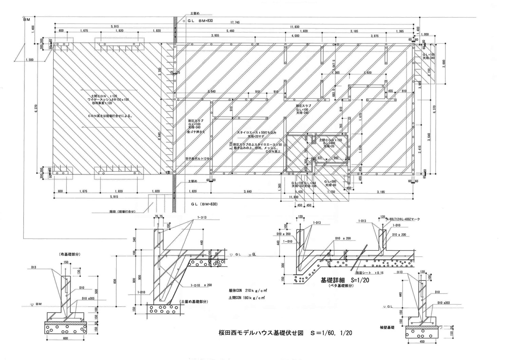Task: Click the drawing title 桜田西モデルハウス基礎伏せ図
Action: (x=261, y=333)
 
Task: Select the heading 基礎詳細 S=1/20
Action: (x=345, y=281)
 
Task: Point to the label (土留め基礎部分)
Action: (x=194, y=301)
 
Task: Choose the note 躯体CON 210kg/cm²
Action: (x=247, y=291)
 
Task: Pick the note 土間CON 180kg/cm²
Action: (x=247, y=298)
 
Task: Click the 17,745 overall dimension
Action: (x=235, y=22)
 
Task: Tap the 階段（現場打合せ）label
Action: (x=122, y=212)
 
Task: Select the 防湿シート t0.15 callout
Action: (x=369, y=273)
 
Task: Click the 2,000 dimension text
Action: (x=444, y=64)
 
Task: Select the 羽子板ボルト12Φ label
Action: (x=196, y=159)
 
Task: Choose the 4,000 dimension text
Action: (x=295, y=36)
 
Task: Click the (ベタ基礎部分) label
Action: (x=341, y=286)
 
